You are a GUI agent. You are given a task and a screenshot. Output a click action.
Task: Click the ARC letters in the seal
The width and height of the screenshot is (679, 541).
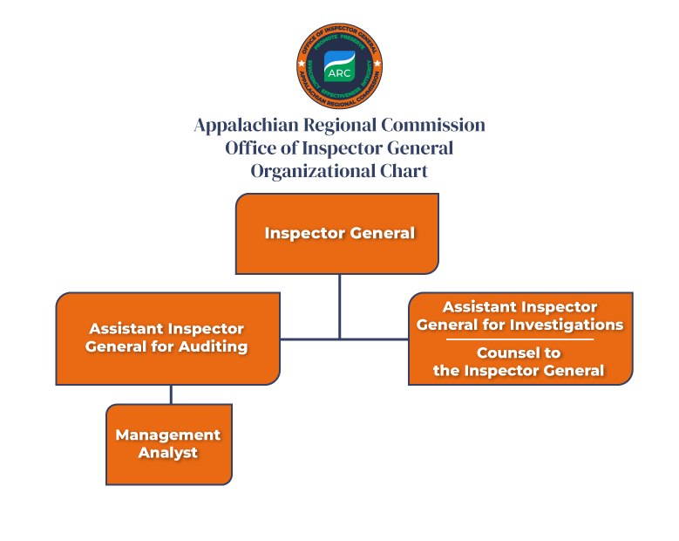click(x=338, y=73)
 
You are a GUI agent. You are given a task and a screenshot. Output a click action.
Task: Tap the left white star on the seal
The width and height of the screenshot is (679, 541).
click(x=302, y=64)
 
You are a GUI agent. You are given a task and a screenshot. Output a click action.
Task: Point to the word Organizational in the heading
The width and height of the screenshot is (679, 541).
click(x=310, y=170)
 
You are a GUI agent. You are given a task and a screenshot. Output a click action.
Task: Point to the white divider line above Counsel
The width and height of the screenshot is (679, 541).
click(x=519, y=339)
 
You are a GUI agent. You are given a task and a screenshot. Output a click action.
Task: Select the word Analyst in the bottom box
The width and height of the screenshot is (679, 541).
click(x=168, y=453)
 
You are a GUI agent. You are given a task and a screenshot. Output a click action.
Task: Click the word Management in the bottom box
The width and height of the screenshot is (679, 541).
click(x=168, y=435)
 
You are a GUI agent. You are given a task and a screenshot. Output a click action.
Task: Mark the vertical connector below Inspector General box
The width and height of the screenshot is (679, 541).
click(x=340, y=305)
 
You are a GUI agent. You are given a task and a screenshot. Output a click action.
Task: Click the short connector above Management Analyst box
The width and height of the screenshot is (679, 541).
click(x=171, y=394)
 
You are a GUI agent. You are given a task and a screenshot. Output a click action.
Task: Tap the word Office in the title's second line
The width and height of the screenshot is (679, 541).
click(x=251, y=147)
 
